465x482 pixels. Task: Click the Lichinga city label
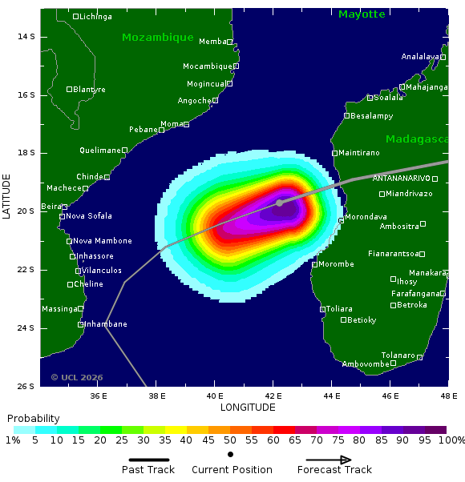click(x=95, y=17)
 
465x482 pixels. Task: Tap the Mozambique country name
click(x=158, y=38)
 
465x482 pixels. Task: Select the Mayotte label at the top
click(x=362, y=14)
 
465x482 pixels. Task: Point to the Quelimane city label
click(x=99, y=151)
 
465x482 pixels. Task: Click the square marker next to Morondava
click(x=341, y=219)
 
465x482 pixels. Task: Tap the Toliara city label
click(x=340, y=308)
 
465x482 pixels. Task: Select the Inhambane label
click(x=106, y=324)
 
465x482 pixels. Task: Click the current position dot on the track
click(x=279, y=203)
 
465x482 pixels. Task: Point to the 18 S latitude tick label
click(x=26, y=153)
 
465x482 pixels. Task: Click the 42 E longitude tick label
click(x=273, y=396)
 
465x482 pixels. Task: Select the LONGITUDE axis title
click(x=248, y=408)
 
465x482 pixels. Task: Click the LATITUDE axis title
click(x=6, y=196)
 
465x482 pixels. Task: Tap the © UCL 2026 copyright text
click(x=77, y=377)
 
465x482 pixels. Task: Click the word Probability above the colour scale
click(x=33, y=419)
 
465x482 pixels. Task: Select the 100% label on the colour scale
click(x=452, y=440)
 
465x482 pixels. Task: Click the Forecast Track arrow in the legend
click(x=324, y=460)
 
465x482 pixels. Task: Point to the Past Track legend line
click(x=148, y=460)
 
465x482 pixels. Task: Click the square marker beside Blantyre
click(x=69, y=89)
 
